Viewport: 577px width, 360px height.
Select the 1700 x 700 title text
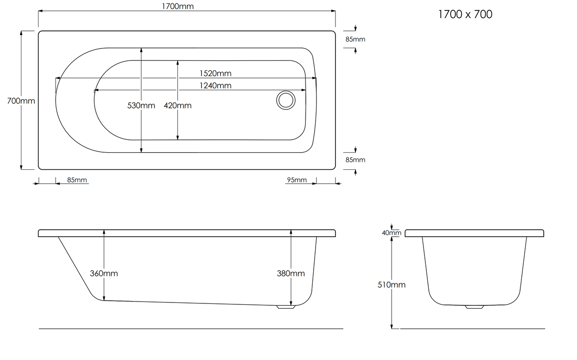click(x=465, y=14)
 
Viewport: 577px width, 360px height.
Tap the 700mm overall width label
click(x=21, y=101)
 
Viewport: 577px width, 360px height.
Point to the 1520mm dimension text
click(x=215, y=73)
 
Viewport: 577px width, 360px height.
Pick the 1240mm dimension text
click(x=215, y=86)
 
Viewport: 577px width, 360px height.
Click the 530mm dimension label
click(x=141, y=106)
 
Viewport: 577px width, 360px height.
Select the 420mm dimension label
click(x=178, y=106)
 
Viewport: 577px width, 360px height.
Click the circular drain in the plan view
click(x=286, y=100)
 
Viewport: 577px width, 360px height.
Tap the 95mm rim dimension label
click(x=297, y=180)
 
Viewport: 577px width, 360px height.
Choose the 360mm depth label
click(x=104, y=273)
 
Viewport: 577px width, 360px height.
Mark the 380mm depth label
click(x=290, y=273)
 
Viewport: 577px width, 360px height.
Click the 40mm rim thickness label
click(x=392, y=233)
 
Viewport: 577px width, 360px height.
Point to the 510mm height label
click(x=391, y=284)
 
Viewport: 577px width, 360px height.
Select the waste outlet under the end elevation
click(x=474, y=307)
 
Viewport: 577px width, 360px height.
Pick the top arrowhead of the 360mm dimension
click(x=104, y=232)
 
